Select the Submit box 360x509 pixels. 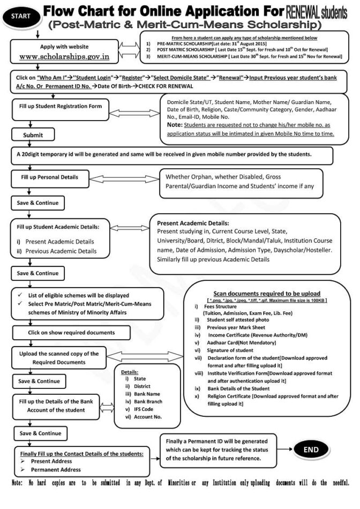point(33,135)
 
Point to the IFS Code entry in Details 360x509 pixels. point(136,408)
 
